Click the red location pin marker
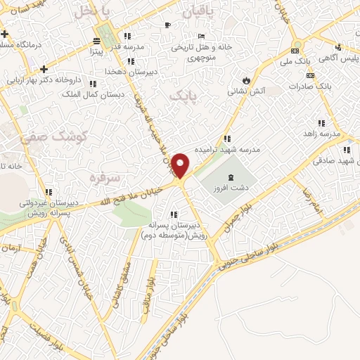(181, 165)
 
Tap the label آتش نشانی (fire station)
(249, 91)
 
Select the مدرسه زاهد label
(321, 133)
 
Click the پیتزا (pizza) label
(95, 51)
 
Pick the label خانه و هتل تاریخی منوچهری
(202, 52)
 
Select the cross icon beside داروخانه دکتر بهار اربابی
(44, 69)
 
